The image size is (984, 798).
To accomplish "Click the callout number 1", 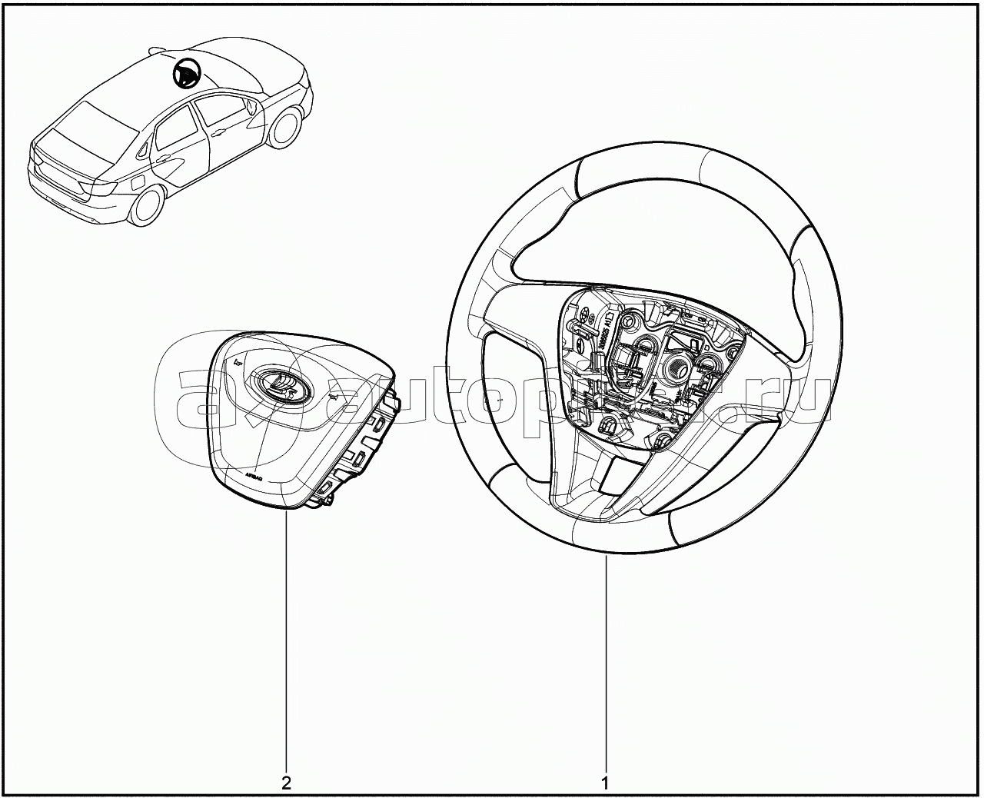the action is [x=605, y=784].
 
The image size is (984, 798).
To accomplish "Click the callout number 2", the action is [x=286, y=784].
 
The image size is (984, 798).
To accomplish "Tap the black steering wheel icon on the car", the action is [x=185, y=74].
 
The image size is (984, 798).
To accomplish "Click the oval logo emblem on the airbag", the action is [x=274, y=382].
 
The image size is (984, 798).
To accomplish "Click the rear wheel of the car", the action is [x=148, y=205].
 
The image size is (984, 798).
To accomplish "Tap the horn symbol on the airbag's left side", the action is [x=237, y=361].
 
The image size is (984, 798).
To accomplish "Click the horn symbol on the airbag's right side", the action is [x=334, y=397].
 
